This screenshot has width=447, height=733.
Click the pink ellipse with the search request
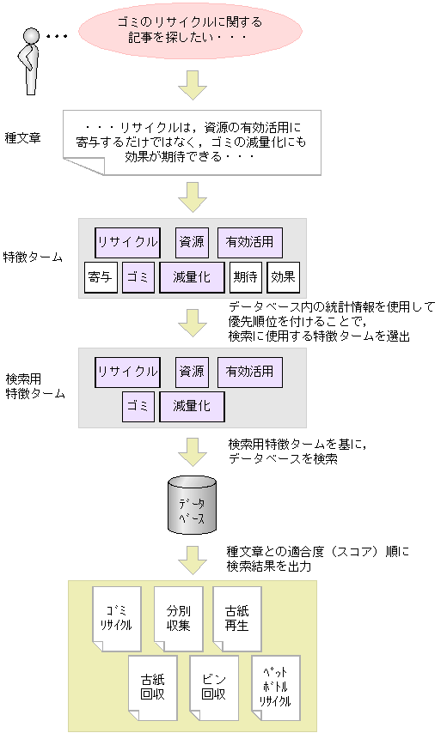coord(191,32)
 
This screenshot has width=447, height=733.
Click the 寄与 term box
coord(101,277)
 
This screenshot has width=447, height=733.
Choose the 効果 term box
coord(283,277)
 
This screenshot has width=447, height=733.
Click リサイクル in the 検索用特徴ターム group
coord(127,372)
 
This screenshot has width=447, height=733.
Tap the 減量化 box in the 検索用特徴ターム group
coord(192,406)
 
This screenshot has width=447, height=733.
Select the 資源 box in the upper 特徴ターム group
coord(192,242)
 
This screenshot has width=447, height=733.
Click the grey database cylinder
coord(191,505)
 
